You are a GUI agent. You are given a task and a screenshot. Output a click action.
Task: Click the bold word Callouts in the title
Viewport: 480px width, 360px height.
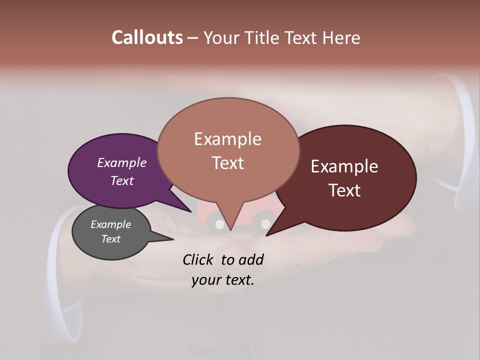tap(147, 38)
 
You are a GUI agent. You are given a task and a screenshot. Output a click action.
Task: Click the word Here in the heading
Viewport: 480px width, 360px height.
tap(340, 38)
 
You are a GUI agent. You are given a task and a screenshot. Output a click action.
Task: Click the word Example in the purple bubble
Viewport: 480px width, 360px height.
tap(121, 163)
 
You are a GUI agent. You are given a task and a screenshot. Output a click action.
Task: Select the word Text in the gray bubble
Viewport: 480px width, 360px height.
tap(110, 239)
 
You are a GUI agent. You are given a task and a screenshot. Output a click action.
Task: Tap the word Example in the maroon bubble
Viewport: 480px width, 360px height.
tap(344, 166)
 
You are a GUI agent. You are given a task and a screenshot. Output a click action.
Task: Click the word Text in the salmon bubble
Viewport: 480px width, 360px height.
tap(228, 162)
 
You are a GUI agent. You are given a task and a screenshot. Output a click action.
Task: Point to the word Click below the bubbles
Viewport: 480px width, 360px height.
tap(198, 259)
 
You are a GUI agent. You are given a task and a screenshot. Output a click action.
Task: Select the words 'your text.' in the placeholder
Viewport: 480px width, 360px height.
tap(223, 280)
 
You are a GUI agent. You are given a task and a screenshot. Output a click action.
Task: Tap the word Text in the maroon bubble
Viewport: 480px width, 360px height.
tap(344, 190)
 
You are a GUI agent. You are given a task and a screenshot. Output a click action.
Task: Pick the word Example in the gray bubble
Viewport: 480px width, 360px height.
tap(110, 224)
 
